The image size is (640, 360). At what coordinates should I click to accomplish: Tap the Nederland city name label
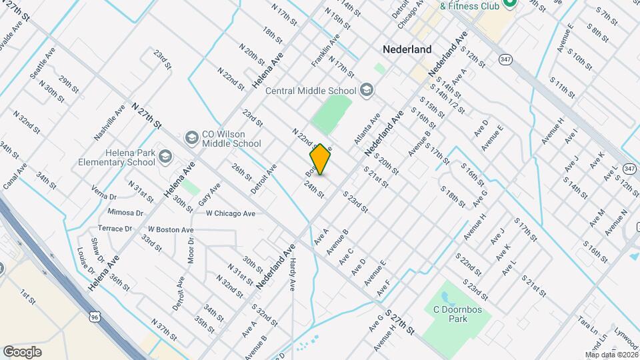click(x=407, y=49)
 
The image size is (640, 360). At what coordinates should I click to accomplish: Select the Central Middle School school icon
click(x=366, y=89)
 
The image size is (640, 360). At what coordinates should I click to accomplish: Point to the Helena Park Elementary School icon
click(x=165, y=157)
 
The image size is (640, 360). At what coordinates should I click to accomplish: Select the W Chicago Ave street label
click(x=231, y=213)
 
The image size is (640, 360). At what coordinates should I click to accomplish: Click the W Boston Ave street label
click(x=171, y=229)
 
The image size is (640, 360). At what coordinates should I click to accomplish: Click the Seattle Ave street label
click(x=42, y=63)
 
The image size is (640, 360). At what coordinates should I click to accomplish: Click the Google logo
click(x=22, y=351)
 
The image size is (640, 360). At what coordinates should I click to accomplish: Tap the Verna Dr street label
click(x=104, y=197)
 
